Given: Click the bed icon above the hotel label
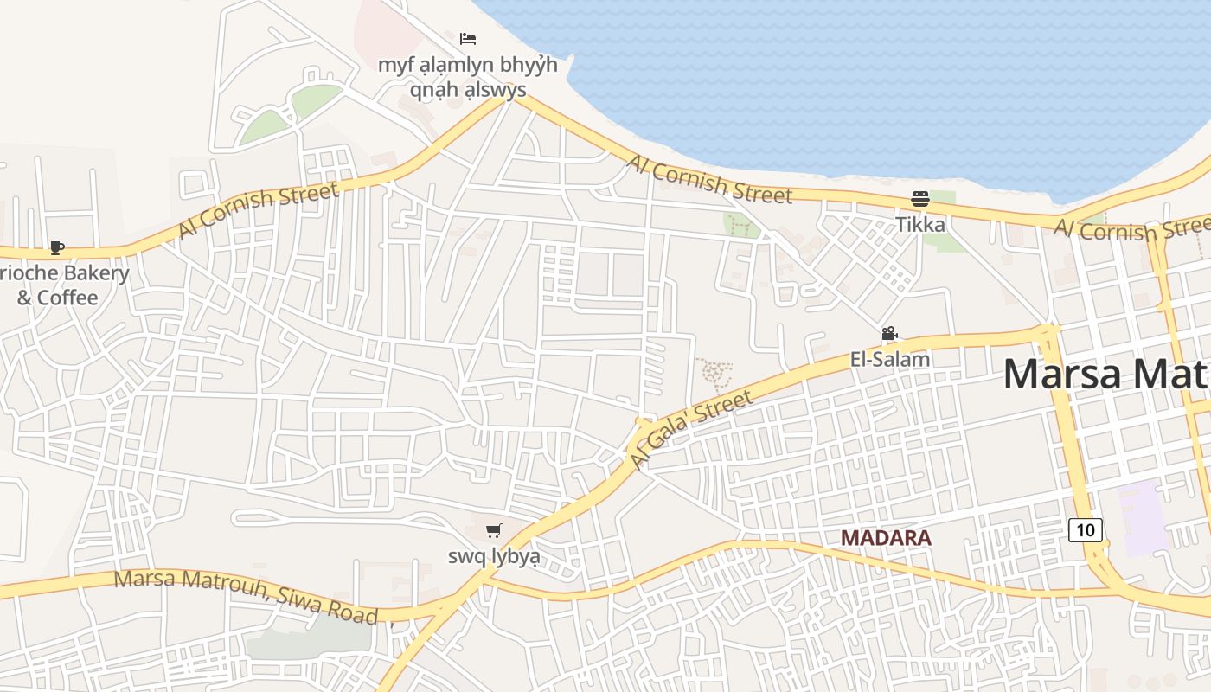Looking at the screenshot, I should tap(468, 39).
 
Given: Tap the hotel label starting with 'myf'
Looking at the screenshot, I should tap(467, 77).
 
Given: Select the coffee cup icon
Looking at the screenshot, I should tap(57, 248).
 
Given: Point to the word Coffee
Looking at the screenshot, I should tap(67, 298).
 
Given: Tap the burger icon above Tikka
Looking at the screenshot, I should tap(919, 199).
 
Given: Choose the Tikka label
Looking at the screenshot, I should tap(920, 225).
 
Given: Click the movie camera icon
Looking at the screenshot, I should tap(889, 334).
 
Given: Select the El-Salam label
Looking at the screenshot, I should tap(890, 359).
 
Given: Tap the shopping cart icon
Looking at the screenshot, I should tap(493, 530).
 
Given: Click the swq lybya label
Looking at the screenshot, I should tap(494, 556).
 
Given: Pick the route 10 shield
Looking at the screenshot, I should tap(1086, 529).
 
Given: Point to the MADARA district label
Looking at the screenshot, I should tap(886, 537).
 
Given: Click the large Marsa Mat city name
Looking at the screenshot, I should tap(1105, 374).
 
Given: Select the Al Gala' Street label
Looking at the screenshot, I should tap(691, 429).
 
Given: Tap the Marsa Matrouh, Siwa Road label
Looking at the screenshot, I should tap(247, 597).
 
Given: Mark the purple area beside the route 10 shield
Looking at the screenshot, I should tap(1144, 516).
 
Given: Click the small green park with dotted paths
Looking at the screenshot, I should tap(741, 226).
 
